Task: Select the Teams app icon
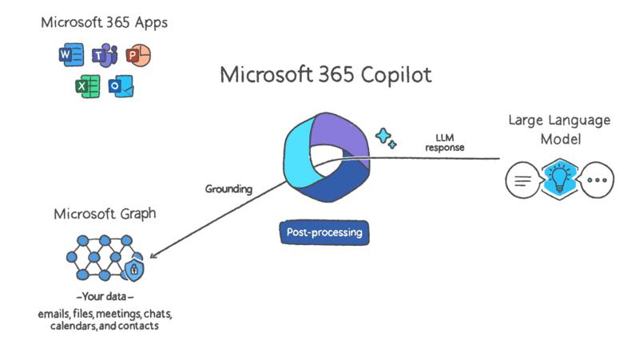105,55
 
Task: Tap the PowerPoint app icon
138,55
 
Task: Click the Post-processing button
324,232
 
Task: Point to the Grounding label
228,189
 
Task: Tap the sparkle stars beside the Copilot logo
386,137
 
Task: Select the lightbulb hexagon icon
560,179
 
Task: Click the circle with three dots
596,180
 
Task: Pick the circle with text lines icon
523,180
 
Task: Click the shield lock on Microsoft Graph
135,270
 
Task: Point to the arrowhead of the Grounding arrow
152,257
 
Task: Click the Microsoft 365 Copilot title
325,75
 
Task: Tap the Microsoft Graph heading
105,214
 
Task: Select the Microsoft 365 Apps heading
105,22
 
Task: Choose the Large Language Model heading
560,129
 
